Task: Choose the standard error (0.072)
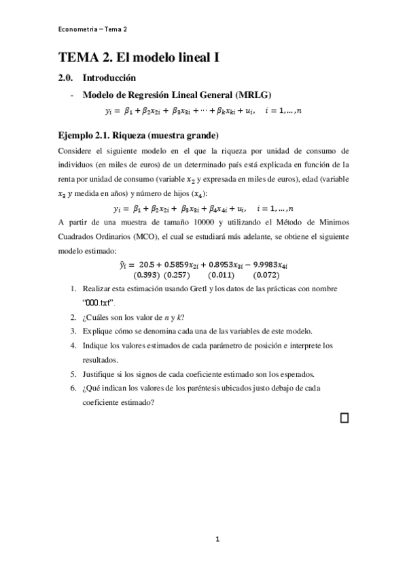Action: [x=266, y=275]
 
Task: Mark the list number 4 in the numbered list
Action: [x=73, y=346]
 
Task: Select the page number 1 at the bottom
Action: [x=217, y=540]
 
